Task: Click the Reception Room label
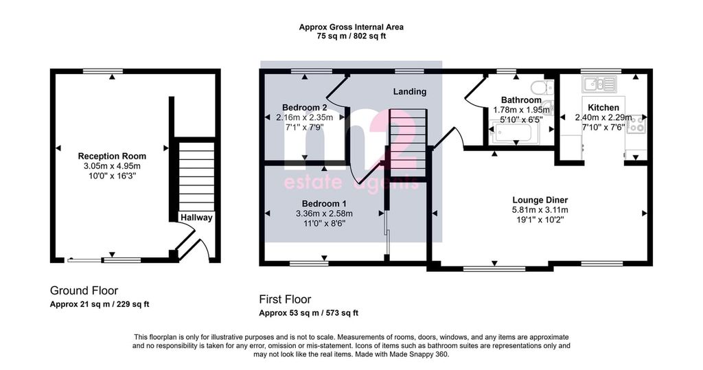112,156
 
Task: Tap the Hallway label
196,218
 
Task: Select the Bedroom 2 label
304,108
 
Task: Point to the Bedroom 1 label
324,204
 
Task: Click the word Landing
410,91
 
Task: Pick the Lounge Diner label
540,200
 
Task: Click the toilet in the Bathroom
541,86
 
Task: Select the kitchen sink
599,84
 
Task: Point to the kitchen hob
636,124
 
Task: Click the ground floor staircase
196,176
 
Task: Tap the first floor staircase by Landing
408,143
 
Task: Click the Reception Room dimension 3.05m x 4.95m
112,166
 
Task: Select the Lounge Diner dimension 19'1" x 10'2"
540,220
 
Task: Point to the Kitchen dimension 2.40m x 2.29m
603,117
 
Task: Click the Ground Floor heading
84,290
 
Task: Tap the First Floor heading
285,299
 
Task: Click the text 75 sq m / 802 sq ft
351,36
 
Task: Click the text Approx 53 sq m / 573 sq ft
308,313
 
